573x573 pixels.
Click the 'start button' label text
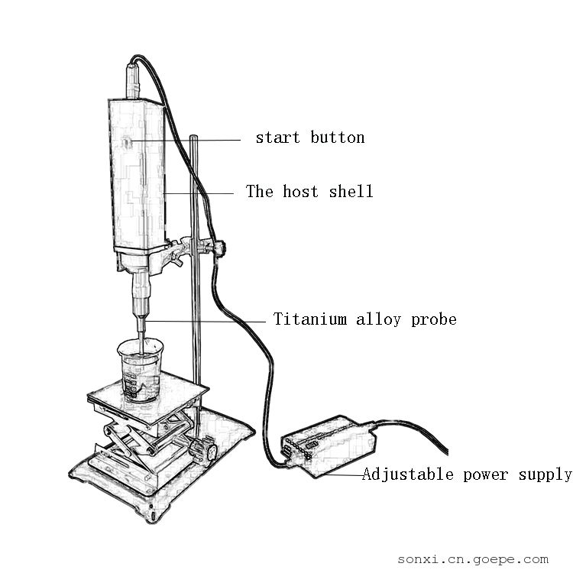pyautogui.click(x=310, y=138)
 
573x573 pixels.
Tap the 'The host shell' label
pyautogui.click(x=309, y=191)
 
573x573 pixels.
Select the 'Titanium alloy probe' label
pyautogui.click(x=365, y=319)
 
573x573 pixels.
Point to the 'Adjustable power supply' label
pyautogui.click(x=467, y=474)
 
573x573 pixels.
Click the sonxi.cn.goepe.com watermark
pyautogui.click(x=473, y=559)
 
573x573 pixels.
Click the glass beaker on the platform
pyautogui.click(x=141, y=371)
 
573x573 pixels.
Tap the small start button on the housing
pyautogui.click(x=127, y=141)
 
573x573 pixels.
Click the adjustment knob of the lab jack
pyautogui.click(x=202, y=450)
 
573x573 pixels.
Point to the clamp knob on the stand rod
pyautogui.click(x=220, y=248)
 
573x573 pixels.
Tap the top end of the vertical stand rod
pyautogui.click(x=194, y=137)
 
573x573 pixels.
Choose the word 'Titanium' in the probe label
pyautogui.click(x=310, y=319)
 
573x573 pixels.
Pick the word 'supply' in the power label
pyautogui.click(x=545, y=475)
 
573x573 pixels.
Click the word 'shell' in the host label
pyautogui.click(x=351, y=191)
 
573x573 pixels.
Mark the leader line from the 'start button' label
pyautogui.click(x=186, y=140)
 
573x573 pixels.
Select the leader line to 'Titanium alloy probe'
pyautogui.click(x=205, y=321)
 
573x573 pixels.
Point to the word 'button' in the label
pyautogui.click(x=338, y=138)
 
